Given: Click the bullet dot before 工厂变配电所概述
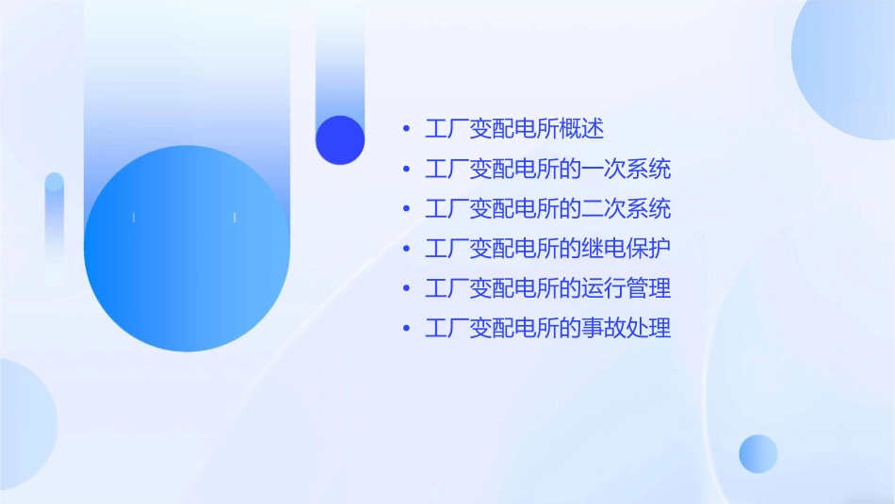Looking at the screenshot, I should click(x=406, y=129).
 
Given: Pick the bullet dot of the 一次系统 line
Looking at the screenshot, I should click(x=406, y=170).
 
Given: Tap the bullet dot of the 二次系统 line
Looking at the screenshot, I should click(x=406, y=209).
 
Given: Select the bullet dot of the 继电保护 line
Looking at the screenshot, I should click(x=406, y=250).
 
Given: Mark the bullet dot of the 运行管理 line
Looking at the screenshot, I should click(x=406, y=289).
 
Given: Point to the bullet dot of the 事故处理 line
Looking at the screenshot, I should click(x=406, y=330).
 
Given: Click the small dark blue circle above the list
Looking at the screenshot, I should click(x=339, y=139).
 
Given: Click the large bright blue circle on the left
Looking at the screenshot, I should click(x=186, y=249).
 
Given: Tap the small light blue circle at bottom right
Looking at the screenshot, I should click(x=758, y=453).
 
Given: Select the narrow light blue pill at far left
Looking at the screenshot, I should click(x=55, y=226).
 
